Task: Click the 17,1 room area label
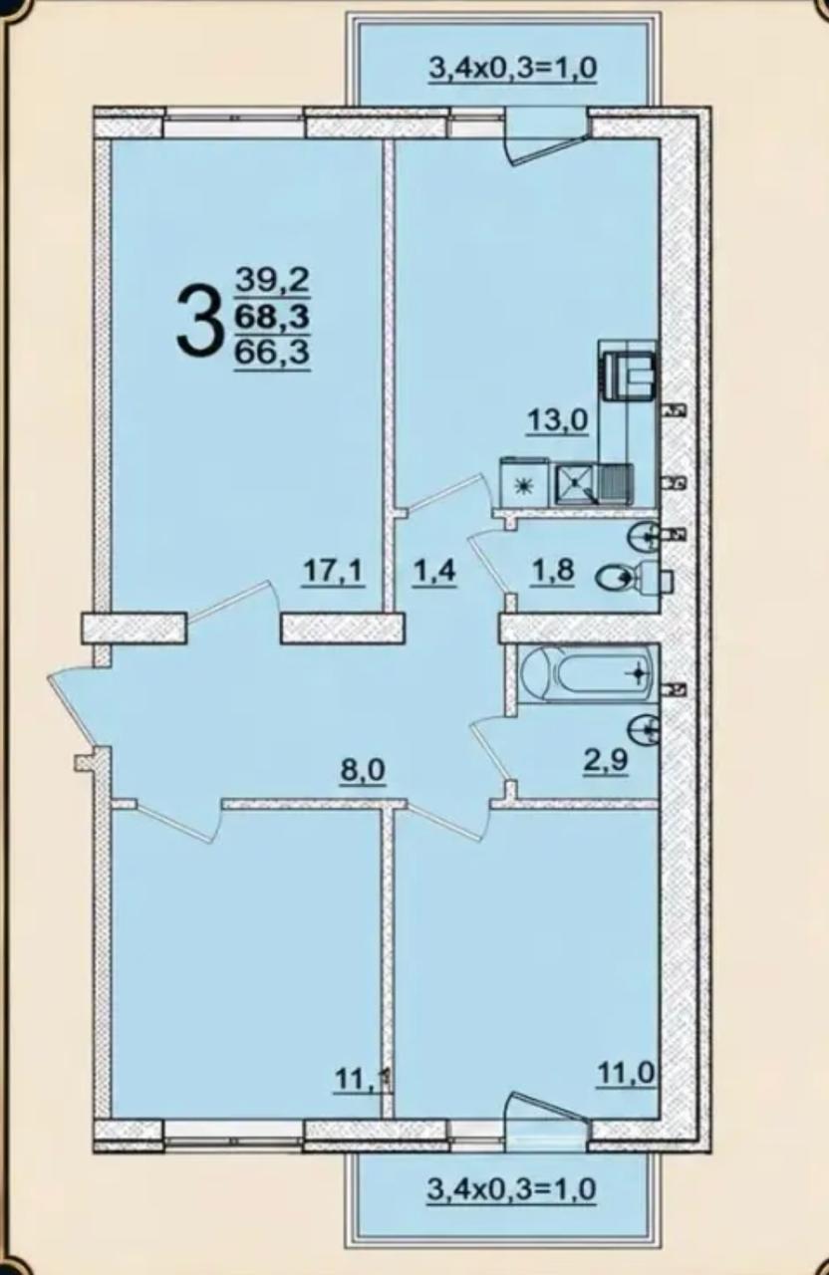tap(334, 571)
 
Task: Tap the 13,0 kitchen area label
tap(557, 421)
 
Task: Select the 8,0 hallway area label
tap(363, 771)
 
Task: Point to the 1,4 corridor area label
tap(433, 571)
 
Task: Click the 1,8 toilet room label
tap(551, 570)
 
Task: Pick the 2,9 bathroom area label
tap(605, 759)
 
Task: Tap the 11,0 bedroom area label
tap(625, 1074)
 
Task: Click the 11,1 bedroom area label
tap(364, 1078)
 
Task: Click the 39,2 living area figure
tap(272, 280)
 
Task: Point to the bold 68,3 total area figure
tap(272, 316)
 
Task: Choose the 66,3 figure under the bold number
tap(272, 353)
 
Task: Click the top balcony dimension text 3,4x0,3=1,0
tap(512, 69)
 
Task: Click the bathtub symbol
tap(588, 674)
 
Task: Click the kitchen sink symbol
tap(575, 484)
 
